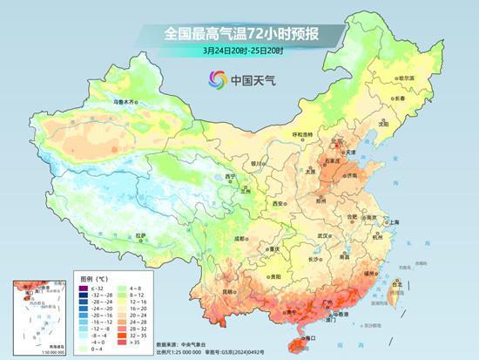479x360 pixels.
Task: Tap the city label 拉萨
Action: (141, 235)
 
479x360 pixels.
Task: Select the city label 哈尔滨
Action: (405, 78)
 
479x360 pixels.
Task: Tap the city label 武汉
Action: (324, 235)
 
